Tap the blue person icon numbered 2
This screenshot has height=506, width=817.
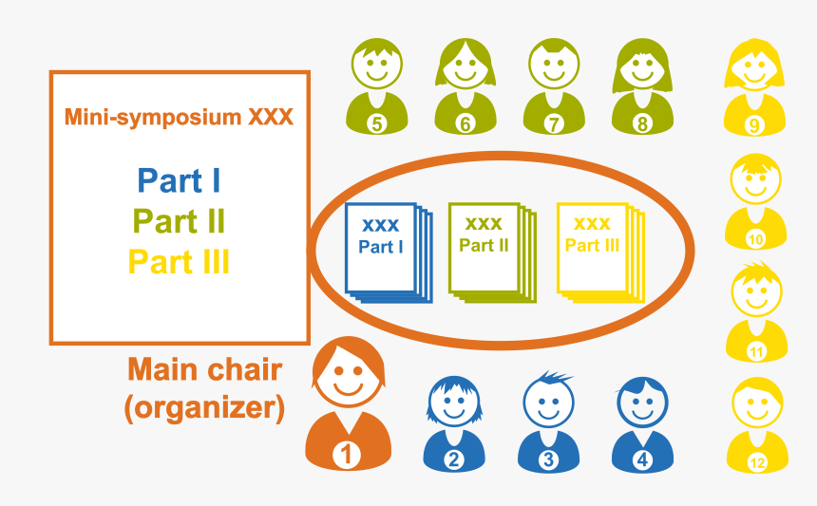tap(454, 424)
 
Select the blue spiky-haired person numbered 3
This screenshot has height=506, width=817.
tap(548, 422)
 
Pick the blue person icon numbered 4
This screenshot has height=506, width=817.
tap(643, 424)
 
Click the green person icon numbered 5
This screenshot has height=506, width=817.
tap(376, 87)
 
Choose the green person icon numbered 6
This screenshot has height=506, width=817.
tap(465, 87)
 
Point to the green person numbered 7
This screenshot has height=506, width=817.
tap(554, 87)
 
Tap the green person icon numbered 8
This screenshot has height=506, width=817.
tap(642, 87)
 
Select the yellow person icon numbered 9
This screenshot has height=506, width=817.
tap(755, 87)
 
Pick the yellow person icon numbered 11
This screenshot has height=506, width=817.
tap(756, 314)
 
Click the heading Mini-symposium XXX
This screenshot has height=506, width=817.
tap(179, 118)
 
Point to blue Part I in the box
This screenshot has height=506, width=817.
tap(179, 180)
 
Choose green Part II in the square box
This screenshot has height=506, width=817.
tap(179, 221)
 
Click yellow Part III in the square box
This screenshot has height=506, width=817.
tap(179, 261)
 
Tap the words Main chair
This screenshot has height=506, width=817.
tap(204, 368)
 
